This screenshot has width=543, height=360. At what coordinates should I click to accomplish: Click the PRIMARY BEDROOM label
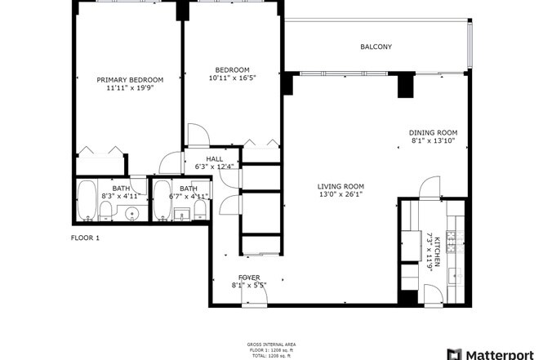(x=130, y=80)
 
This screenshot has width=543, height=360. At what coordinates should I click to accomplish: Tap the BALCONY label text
(x=376, y=47)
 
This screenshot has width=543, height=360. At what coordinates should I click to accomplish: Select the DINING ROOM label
(x=433, y=133)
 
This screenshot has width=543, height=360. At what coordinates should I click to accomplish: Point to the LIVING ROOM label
(x=340, y=186)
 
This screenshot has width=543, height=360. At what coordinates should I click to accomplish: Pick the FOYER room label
(x=249, y=278)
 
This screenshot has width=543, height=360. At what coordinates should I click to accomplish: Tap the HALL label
(x=214, y=159)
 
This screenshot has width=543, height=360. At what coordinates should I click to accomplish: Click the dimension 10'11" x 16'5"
(x=232, y=78)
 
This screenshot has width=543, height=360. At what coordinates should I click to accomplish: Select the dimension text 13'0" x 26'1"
(x=340, y=195)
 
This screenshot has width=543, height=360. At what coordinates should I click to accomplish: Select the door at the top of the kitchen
(x=430, y=189)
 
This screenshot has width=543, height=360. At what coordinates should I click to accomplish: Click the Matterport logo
(x=493, y=353)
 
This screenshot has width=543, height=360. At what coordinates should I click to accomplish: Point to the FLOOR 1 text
(x=84, y=238)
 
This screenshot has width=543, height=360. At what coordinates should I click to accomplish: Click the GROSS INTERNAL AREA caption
(x=271, y=345)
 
